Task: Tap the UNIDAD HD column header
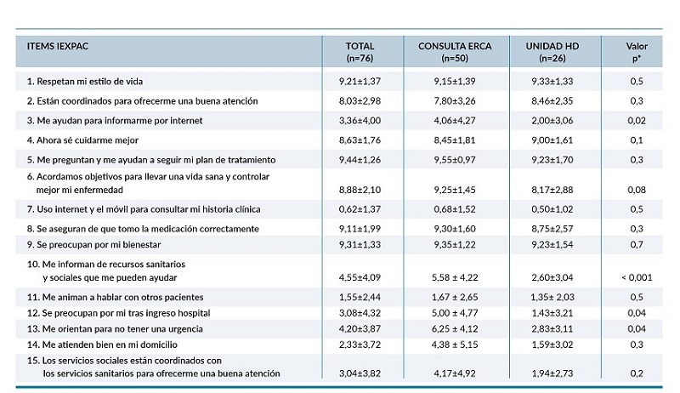coord(544,52)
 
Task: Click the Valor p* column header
coord(637,52)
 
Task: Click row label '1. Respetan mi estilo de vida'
coord(84,81)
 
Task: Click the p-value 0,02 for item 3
coord(637,120)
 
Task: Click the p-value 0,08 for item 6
coord(637,190)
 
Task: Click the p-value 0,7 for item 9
coord(637,245)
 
